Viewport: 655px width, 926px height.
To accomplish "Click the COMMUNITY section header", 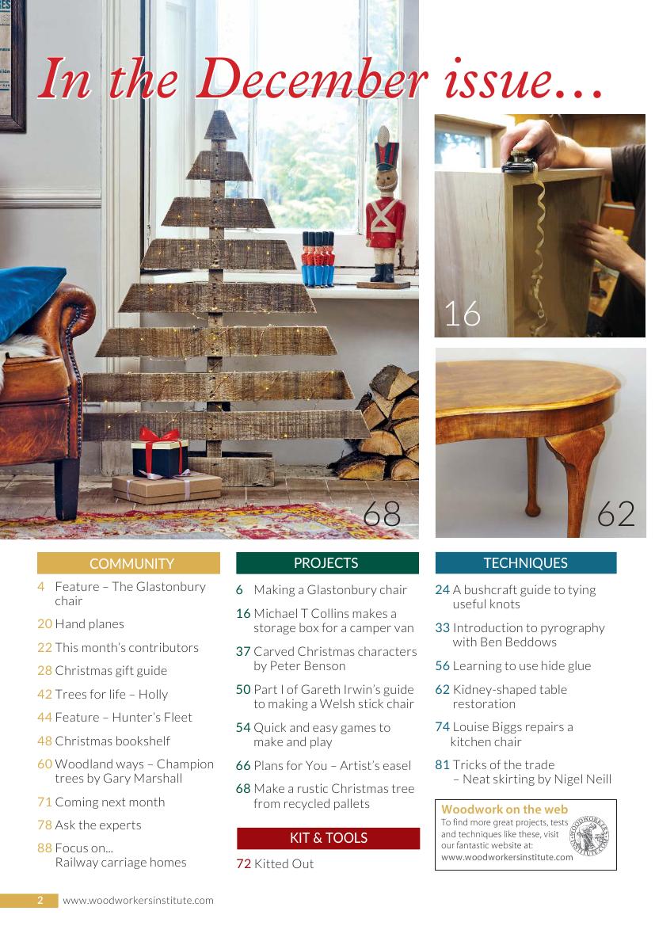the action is pos(128,562).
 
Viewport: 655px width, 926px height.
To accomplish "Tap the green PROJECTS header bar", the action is pos(327,562).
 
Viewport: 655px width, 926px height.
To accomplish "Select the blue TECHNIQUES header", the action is pos(526,562).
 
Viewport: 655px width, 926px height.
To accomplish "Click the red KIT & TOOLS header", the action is pos(329,838).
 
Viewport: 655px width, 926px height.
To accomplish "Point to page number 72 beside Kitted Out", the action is pos(243,863).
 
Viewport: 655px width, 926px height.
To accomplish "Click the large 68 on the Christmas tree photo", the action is pos(382,514).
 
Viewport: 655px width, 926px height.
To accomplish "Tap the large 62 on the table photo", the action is pos(615,514).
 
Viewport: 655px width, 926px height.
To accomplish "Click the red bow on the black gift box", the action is pos(158,437).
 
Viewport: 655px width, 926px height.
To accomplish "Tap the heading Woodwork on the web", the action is pos(505,809).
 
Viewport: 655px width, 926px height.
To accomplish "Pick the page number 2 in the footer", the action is pos(40,900).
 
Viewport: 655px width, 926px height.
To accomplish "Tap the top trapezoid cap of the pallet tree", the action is pos(220,124).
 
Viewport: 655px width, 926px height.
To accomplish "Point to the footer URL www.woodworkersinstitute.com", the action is pos(138,901).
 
